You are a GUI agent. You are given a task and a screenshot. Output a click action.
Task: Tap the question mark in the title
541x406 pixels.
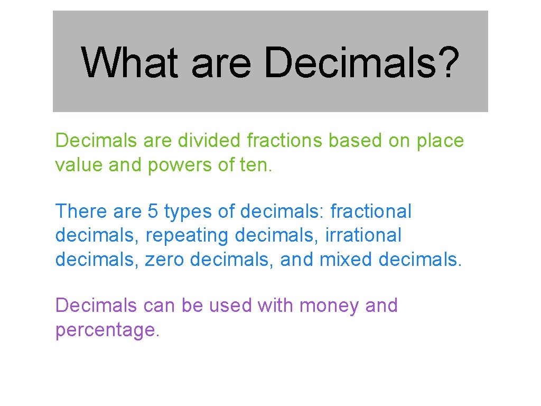tap(444, 62)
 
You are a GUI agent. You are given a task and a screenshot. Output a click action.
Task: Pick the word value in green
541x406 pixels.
tap(79, 165)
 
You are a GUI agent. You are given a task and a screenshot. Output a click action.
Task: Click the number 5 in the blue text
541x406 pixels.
tap(153, 211)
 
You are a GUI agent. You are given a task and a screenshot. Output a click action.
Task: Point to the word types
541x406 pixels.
tap(188, 212)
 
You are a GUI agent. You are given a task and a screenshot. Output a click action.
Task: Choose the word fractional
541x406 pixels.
tap(370, 211)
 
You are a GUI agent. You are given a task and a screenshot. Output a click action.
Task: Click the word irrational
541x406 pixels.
tap(363, 235)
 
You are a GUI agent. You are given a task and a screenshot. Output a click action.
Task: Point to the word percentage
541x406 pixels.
tap(106, 331)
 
